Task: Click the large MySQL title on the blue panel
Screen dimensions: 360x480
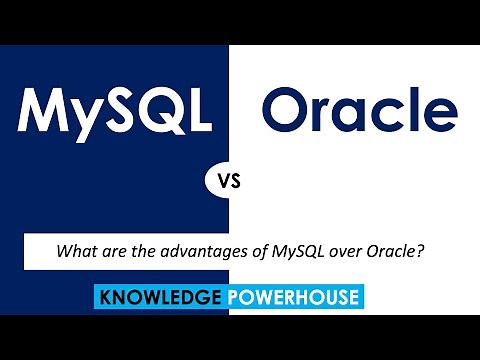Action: click(115, 111)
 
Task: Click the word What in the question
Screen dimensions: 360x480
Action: click(78, 252)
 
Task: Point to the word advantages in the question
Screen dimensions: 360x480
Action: click(187, 253)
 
